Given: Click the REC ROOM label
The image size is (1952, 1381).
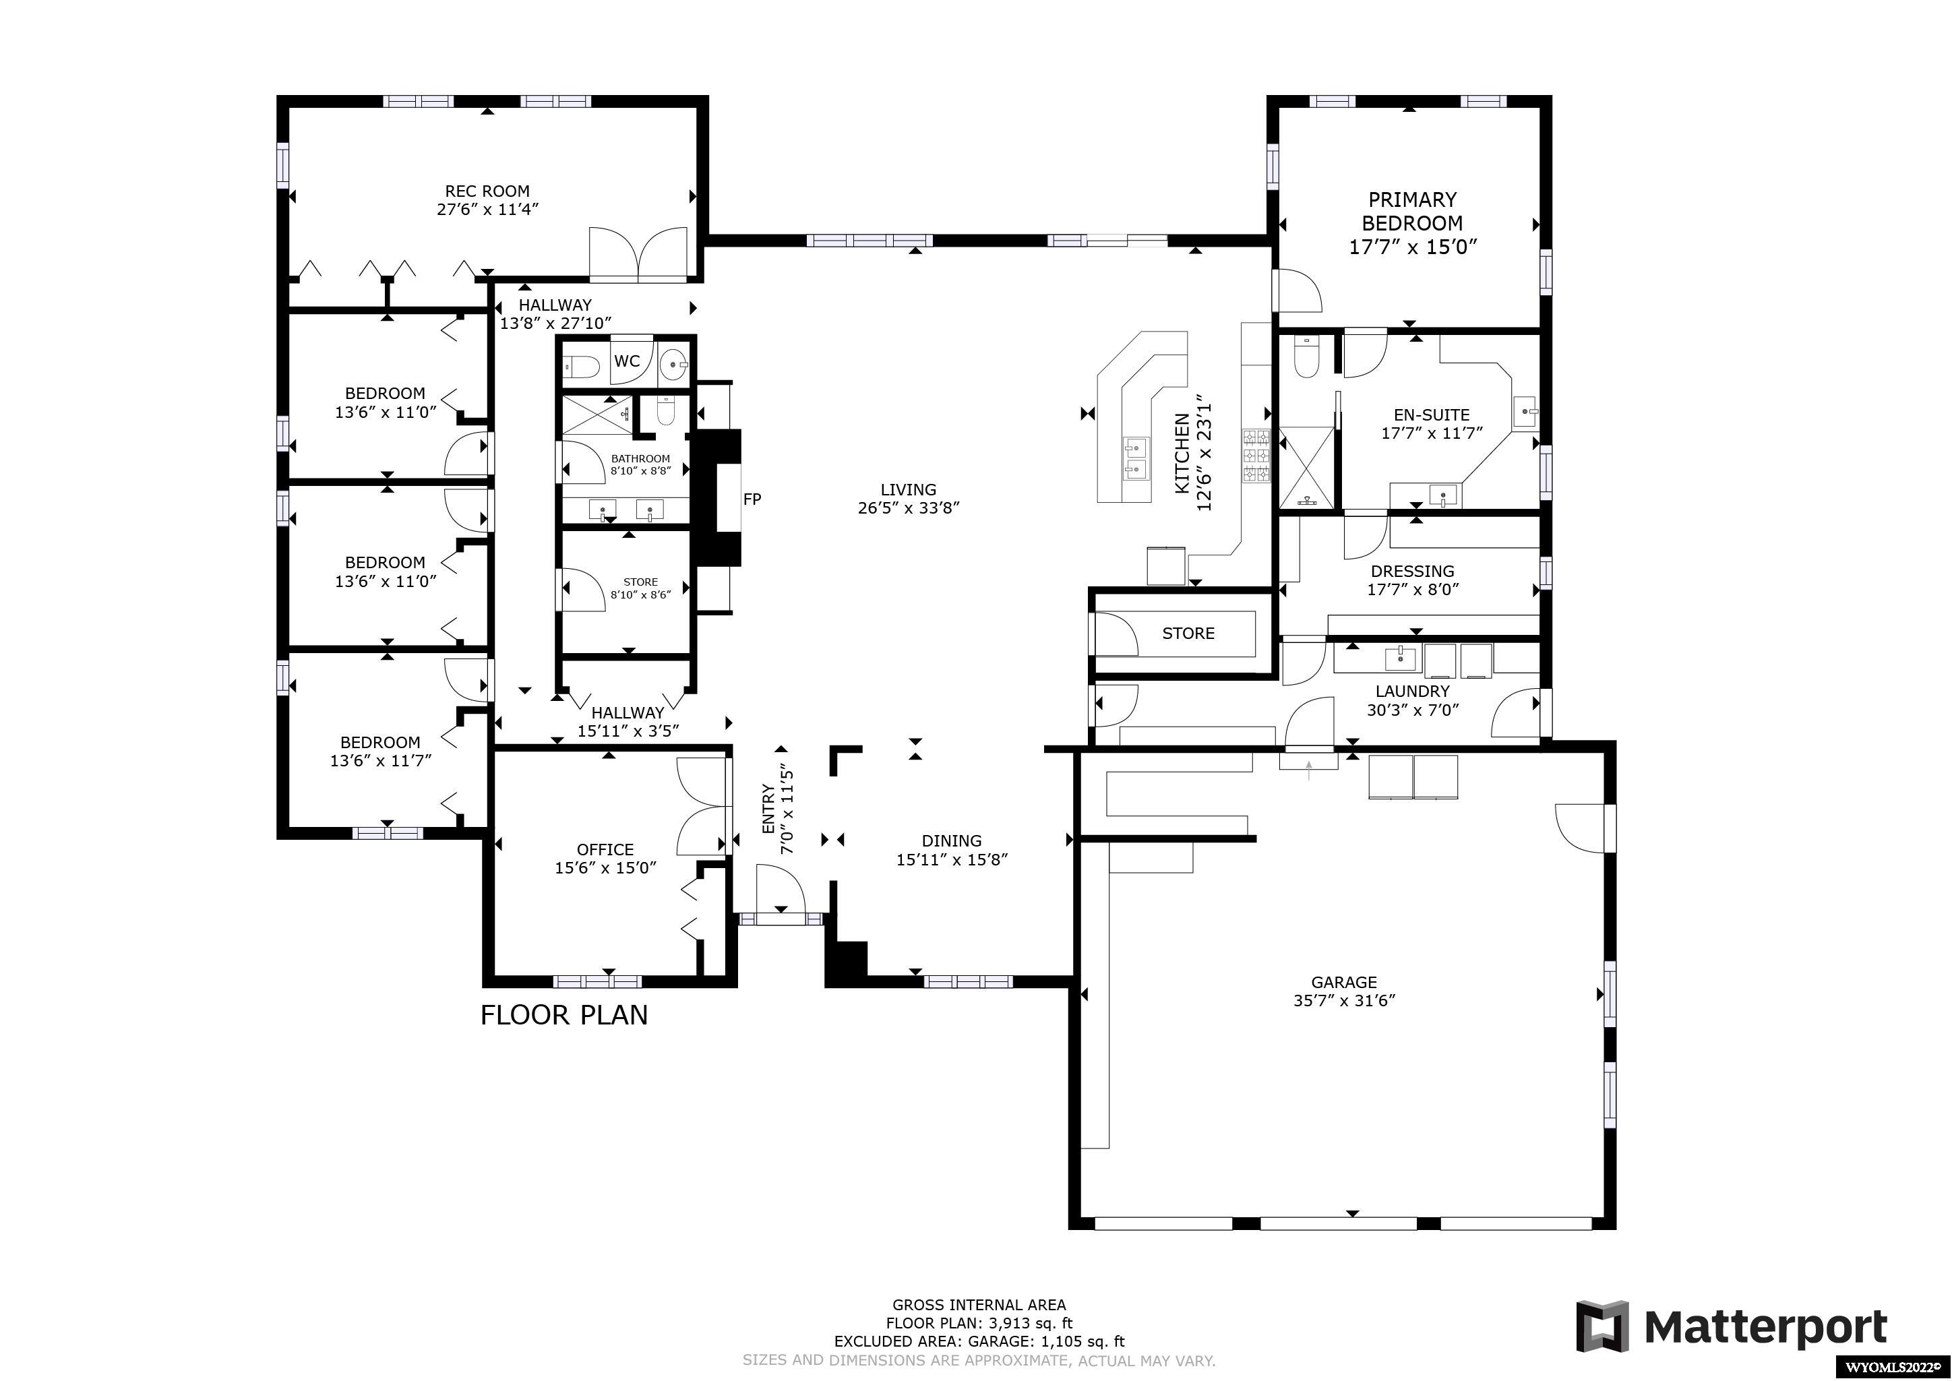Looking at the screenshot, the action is click(487, 191).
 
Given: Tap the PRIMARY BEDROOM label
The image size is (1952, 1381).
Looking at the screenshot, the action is click(1412, 212).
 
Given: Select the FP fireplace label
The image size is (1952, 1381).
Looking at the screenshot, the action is click(752, 499).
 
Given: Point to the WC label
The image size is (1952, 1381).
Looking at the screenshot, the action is click(628, 361).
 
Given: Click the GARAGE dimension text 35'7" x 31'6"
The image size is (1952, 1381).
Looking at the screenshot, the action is click(1344, 1001).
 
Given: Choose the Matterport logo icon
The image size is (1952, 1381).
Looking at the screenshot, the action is click(1602, 1326).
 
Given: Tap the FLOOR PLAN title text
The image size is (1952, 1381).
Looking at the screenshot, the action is click(565, 1014).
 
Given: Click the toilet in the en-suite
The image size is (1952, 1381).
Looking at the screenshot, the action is click(1306, 357).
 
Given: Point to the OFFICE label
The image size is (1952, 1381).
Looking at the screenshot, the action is click(605, 849).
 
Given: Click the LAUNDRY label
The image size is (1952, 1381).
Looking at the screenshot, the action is click(1412, 692).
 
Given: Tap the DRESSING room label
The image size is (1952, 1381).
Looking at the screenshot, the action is click(1412, 572).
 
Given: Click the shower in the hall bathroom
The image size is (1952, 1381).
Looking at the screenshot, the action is click(598, 415).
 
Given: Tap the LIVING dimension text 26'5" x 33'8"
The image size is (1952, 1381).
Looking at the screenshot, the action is click(909, 508).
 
